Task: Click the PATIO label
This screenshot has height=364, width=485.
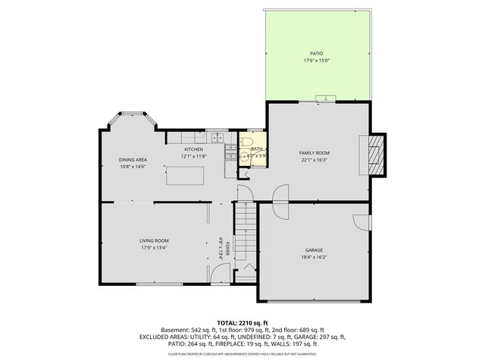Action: point(316,53)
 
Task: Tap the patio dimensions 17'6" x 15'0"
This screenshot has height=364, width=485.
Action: point(316,60)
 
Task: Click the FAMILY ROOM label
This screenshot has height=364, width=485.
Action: point(314,152)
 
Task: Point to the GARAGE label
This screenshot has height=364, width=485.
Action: point(314,250)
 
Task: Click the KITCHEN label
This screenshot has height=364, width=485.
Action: point(194,149)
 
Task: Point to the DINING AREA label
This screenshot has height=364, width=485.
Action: point(132,160)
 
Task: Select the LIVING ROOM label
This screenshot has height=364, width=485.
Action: point(153,240)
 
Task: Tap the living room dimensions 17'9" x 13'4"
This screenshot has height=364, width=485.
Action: point(153,248)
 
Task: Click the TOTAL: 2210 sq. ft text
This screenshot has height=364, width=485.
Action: point(242,322)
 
